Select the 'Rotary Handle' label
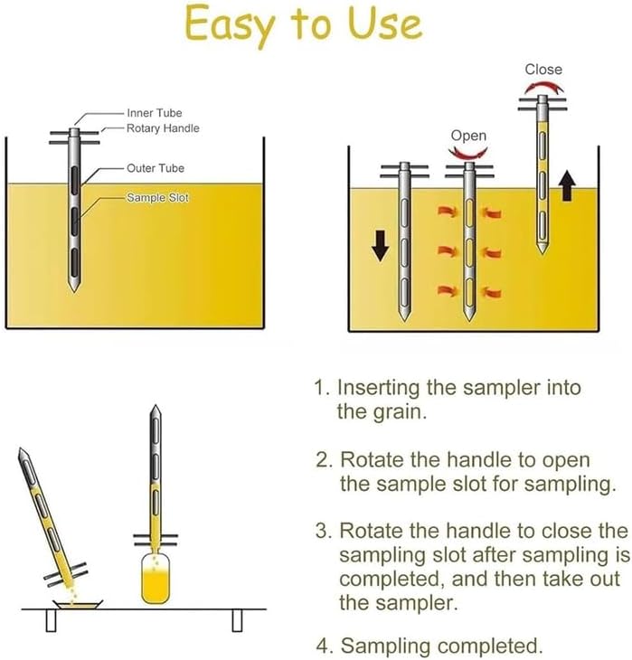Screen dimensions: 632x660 pyautogui.click(x=163, y=128)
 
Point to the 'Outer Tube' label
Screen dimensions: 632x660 pyautogui.click(x=156, y=168)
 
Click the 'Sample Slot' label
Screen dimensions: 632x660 pyautogui.click(x=157, y=197)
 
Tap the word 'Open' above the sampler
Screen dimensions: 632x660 pyautogui.click(x=468, y=136)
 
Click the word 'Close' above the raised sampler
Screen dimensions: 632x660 pyautogui.click(x=542, y=69)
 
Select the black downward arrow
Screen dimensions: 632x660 pyautogui.click(x=381, y=243)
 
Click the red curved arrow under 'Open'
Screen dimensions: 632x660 pyautogui.click(x=469, y=154)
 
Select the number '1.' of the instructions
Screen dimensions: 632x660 pyautogui.click(x=320, y=388)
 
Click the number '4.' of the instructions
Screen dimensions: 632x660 pyautogui.click(x=320, y=646)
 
